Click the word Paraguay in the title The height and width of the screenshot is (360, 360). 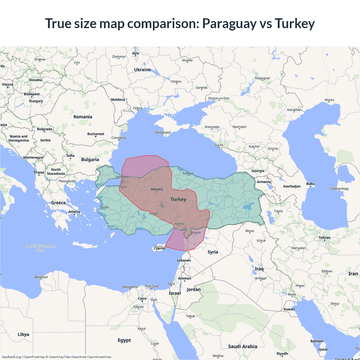coord(229,24)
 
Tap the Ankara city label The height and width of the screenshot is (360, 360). coord(157,189)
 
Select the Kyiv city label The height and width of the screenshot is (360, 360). coord(136,53)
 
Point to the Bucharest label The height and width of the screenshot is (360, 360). coord(96,134)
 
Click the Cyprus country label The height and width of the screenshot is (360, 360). coord(159,248)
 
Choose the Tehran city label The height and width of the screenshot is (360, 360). coord(324,238)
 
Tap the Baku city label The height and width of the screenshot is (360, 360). coord(310,184)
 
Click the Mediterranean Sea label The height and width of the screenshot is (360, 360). coord(40,248)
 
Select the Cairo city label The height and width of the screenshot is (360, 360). coord(142,298)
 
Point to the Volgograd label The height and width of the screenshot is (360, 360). coord(262,78)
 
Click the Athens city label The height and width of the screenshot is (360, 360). coord(74,212)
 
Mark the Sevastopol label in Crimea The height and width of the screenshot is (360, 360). coord(163,132)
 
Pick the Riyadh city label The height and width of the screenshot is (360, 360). coord(282,354)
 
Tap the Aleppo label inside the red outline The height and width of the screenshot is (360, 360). coord(196,232)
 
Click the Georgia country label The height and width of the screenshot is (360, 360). coord(258,171)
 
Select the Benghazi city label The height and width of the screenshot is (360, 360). coord(41,277)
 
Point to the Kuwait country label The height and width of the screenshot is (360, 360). coord(289,309)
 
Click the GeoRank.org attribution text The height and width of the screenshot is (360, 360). coord(11,357)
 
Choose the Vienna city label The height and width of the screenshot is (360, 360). coord(8,84)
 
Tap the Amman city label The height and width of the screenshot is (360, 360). coord(184,278)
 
